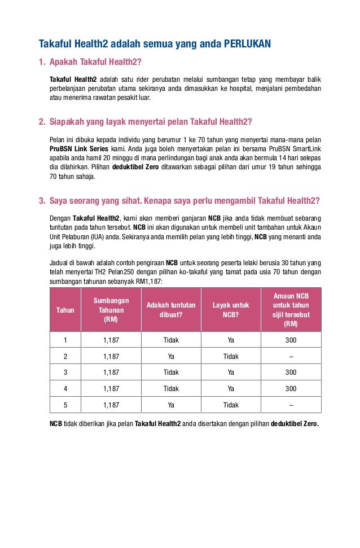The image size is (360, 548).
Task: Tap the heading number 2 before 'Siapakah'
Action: [42, 121]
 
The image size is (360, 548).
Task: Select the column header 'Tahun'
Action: [65, 310]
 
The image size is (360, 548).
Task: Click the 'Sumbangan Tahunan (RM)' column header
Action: [111, 310]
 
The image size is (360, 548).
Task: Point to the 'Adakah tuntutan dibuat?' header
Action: [171, 310]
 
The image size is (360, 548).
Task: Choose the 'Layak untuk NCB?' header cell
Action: [231, 310]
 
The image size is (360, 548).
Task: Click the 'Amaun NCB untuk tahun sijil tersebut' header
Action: [291, 310]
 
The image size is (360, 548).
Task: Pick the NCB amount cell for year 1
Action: [291, 340]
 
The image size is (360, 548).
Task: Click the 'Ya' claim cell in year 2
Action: [171, 357]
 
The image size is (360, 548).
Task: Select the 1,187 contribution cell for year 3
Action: [111, 372]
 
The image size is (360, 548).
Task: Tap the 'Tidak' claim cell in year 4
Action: [171, 389]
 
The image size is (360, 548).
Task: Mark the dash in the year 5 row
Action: [291, 405]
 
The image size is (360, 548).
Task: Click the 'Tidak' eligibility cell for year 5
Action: [231, 405]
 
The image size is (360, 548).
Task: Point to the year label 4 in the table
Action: [65, 389]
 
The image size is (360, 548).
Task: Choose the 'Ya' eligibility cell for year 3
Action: [231, 372]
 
